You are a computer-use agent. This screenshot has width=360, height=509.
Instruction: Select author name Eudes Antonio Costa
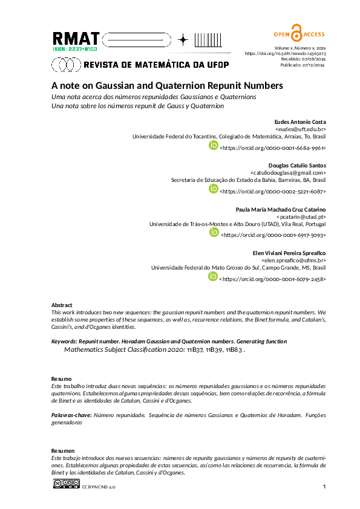click(300, 122)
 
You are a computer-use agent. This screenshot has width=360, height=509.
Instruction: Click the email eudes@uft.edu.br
click(300, 129)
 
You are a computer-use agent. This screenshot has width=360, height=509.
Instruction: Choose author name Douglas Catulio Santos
click(296, 165)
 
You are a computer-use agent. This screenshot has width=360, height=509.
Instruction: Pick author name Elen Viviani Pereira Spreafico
click(289, 252)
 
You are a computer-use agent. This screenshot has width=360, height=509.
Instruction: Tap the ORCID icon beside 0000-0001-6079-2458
click(213, 277)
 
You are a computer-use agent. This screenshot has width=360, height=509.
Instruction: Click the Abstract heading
click(62, 305)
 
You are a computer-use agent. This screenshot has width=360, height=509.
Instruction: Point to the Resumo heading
click(62, 378)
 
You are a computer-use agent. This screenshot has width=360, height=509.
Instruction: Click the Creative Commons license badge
click(67, 484)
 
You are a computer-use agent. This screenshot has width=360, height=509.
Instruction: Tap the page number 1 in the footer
click(324, 487)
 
